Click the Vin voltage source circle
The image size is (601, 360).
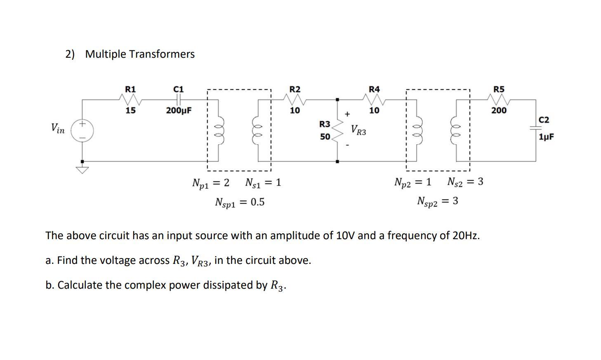[82, 130]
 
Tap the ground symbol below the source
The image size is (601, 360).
[82, 169]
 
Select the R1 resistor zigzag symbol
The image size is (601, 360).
[131, 99]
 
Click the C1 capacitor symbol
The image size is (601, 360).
[178, 99]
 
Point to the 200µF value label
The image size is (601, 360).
[179, 111]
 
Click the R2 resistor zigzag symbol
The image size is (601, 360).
[295, 99]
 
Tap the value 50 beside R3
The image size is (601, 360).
[325, 136]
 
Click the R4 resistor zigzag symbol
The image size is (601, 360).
[374, 99]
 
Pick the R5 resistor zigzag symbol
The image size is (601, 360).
[499, 99]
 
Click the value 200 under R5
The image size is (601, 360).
[499, 111]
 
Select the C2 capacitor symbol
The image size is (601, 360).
[536, 128]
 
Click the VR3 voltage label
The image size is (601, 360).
[358, 130]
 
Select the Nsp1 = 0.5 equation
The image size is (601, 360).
[240, 202]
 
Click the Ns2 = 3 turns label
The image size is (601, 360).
[465, 182]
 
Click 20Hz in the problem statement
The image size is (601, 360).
[466, 235]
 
